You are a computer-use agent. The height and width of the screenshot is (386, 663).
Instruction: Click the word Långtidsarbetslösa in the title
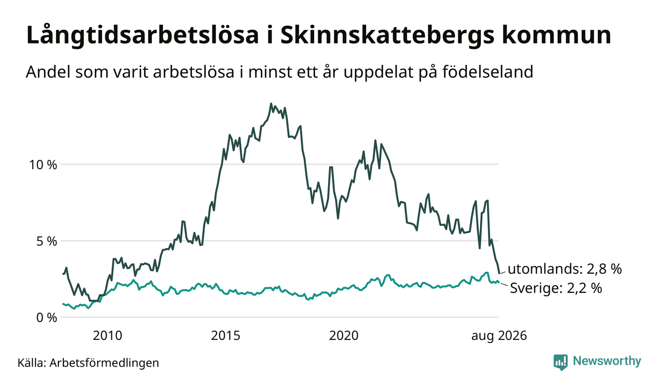142,36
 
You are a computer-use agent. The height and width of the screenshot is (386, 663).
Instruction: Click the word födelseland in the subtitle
488,72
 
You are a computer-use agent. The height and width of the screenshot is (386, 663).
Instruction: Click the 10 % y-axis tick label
43,165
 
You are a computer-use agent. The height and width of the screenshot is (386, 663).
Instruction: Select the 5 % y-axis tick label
47,241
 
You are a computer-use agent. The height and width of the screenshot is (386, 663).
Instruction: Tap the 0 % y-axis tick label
47,318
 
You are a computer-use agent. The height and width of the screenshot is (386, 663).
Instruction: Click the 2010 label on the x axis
107,336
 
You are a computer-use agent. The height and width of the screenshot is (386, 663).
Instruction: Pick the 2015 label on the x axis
226,336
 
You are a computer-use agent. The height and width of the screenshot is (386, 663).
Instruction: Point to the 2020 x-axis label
344,336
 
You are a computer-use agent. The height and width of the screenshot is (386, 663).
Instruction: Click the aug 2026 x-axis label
499,336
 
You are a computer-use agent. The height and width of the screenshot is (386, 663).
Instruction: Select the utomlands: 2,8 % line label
565,269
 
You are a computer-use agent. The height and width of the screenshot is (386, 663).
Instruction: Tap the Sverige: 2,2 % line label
556,288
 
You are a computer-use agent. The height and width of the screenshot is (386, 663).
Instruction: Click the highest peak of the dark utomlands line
271,103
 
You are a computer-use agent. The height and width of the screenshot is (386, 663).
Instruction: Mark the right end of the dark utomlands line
499,273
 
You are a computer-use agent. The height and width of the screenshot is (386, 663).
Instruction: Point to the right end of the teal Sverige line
499,283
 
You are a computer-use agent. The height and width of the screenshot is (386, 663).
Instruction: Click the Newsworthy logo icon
560,362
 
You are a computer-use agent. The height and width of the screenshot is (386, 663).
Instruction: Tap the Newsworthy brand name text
607,361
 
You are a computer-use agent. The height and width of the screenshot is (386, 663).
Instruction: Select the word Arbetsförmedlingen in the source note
104,363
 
